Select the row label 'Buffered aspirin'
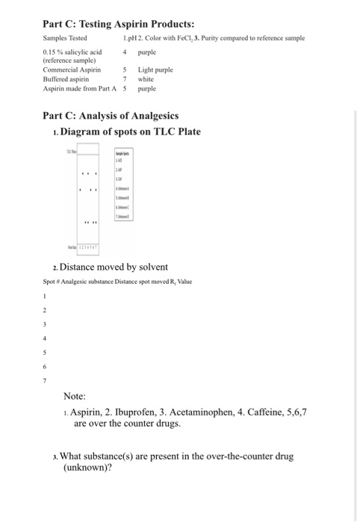(x=66, y=77)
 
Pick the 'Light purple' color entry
(x=155, y=69)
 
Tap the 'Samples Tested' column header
(x=64, y=37)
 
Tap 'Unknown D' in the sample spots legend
(x=122, y=216)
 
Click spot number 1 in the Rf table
(x=46, y=294)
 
